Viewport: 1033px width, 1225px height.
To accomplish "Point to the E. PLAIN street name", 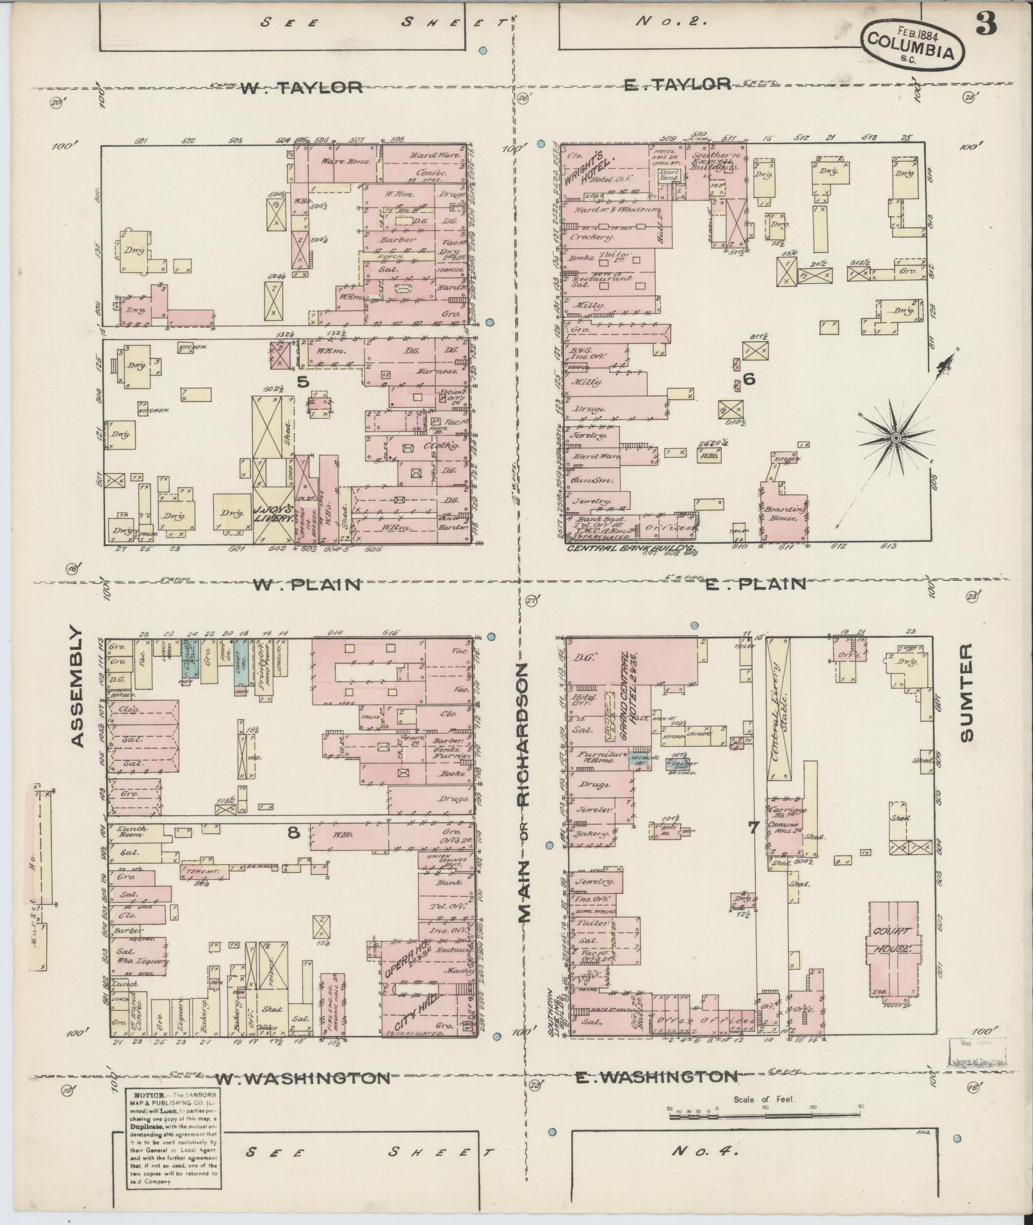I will tap(754, 583).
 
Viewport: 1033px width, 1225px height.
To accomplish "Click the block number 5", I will tap(303, 382).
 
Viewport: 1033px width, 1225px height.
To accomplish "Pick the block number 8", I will tap(293, 832).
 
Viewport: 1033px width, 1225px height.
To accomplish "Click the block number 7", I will tap(754, 827).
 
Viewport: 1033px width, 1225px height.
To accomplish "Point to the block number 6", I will tap(749, 379).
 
